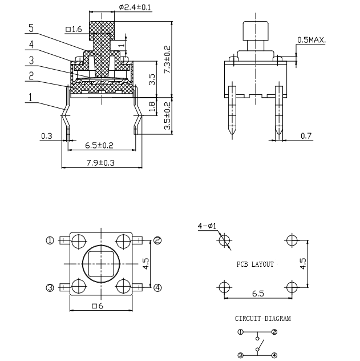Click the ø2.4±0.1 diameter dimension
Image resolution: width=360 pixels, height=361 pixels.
point(135,7)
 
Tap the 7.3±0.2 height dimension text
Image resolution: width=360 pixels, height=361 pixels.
point(167,59)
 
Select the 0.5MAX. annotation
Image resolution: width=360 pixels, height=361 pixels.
point(312,40)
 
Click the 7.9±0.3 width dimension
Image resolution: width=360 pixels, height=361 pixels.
point(100,163)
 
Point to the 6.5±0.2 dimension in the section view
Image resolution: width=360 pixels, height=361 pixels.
point(99,145)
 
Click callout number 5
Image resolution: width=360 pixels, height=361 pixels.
point(31,28)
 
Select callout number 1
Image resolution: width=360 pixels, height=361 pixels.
point(31,97)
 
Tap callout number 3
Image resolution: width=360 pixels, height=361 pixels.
point(31,61)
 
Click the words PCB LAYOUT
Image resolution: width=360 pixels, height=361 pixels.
point(255,264)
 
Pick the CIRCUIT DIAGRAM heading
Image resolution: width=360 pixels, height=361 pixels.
point(263,318)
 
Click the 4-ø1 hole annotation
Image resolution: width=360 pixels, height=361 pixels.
point(207,226)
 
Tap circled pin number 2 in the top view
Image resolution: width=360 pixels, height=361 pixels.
point(157,240)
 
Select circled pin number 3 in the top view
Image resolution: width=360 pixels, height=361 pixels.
point(50,287)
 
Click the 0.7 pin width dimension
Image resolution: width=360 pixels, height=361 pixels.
point(306,136)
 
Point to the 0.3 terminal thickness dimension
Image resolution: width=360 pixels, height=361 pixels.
point(46,136)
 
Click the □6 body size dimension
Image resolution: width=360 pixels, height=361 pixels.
point(98,306)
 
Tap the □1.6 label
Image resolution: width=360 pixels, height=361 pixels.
point(74,29)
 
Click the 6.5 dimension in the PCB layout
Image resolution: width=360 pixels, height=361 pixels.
point(258,294)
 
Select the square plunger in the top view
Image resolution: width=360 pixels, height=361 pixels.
point(101,264)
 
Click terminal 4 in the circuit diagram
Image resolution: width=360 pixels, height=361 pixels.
point(274,355)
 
